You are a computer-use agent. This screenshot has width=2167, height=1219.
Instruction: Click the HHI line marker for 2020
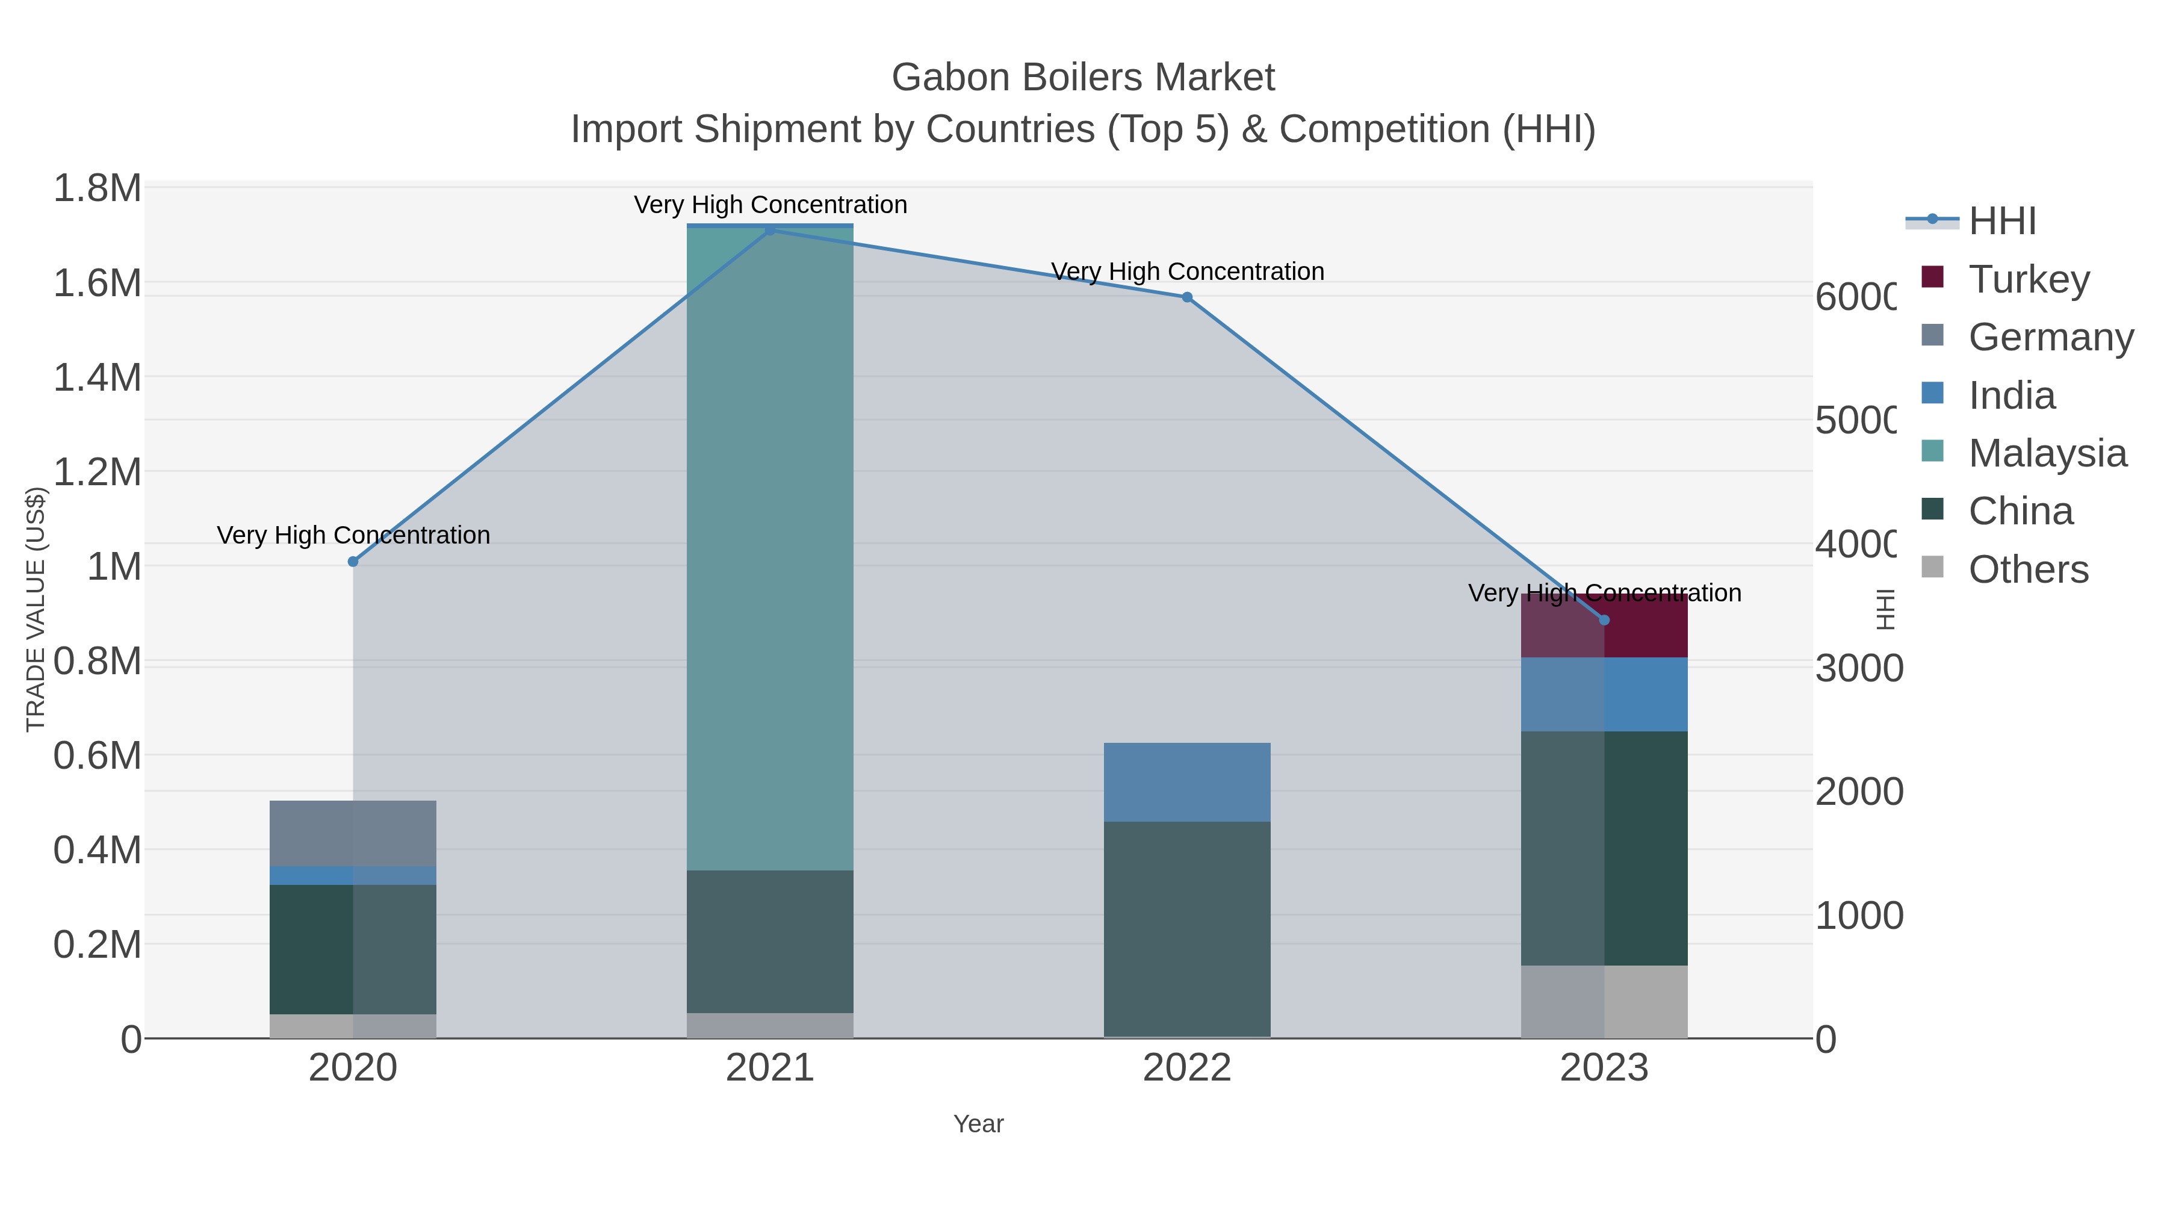(353, 561)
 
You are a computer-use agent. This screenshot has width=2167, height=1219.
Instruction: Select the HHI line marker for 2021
(770, 230)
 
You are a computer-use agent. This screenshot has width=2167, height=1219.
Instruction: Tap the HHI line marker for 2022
(1187, 297)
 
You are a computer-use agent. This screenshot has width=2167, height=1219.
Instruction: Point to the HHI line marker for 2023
(1604, 620)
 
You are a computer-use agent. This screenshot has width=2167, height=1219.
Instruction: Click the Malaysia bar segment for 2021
(770, 547)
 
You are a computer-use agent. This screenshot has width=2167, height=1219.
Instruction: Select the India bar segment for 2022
(1187, 781)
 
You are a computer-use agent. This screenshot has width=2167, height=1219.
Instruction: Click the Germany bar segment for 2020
(353, 833)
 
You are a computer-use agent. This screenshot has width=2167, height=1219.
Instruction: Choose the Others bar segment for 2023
(1604, 1001)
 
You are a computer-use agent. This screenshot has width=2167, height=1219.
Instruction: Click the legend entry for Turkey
(2028, 279)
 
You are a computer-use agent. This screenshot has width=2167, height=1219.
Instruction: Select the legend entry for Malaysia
(2047, 453)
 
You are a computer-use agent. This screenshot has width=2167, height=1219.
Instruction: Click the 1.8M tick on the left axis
(98, 188)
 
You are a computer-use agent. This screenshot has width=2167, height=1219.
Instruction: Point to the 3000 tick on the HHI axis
(1858, 669)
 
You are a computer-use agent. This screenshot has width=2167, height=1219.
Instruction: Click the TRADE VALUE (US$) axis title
(36, 609)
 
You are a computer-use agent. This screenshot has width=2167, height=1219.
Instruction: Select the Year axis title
(978, 1124)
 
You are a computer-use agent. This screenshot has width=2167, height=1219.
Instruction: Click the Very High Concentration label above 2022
(1187, 271)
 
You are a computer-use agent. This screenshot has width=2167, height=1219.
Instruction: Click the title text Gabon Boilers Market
(1083, 78)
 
